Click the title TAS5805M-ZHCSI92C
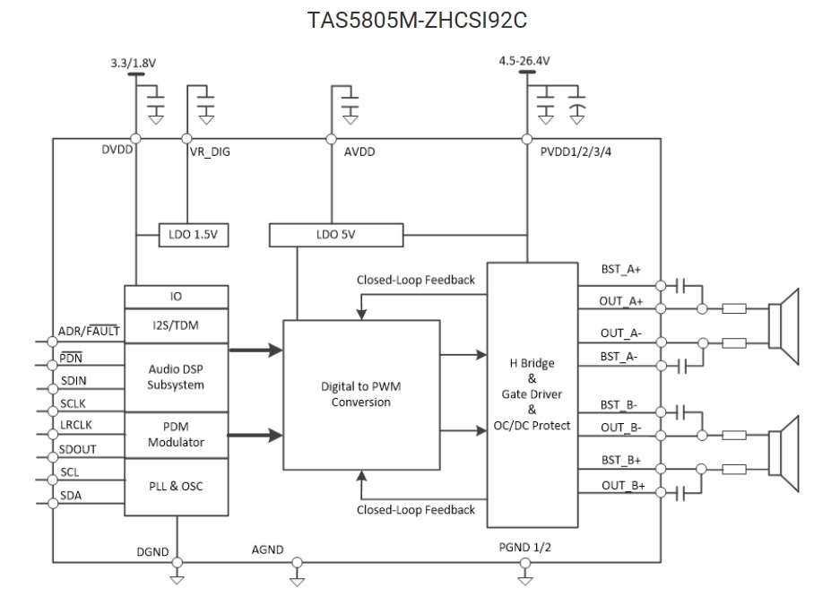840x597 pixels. click(420, 20)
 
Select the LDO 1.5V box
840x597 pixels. click(193, 235)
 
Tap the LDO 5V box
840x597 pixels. click(336, 235)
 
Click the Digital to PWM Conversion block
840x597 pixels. click(361, 395)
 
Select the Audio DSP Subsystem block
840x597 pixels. click(176, 376)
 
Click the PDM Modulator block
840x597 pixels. click(176, 435)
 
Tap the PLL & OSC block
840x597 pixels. click(176, 487)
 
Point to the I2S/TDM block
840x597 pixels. click(176, 324)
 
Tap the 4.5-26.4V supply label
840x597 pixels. click(524, 61)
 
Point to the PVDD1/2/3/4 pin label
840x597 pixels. click(576, 152)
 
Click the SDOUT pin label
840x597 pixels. click(79, 448)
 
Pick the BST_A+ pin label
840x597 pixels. click(621, 269)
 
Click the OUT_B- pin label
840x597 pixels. click(621, 428)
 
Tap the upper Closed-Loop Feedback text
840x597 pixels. click(415, 280)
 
